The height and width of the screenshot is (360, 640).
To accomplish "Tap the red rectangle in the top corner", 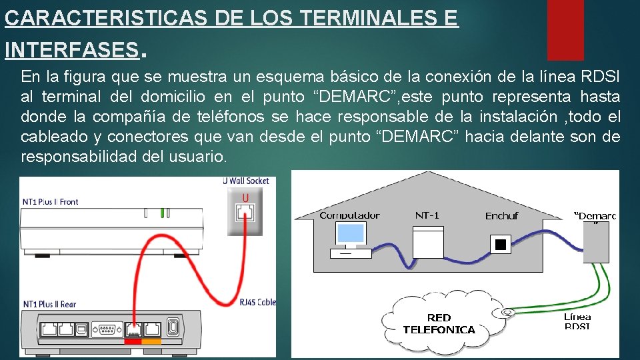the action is pos(565,30).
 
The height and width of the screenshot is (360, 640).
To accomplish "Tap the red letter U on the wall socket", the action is pos(245,197).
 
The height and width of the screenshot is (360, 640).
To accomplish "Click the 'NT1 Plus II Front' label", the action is pos(51,202).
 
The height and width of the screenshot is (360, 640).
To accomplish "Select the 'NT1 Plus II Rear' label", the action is pos(49,304).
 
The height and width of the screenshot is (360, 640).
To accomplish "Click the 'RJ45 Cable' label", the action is pos(257,302).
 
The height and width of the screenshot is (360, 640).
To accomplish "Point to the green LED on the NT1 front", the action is pos(161,213).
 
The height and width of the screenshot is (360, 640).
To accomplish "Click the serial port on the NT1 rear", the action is pos(105,328).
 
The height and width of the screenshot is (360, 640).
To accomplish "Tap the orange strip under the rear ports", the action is pos(152,342).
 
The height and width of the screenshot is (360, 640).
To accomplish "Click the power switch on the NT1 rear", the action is pos(173,328).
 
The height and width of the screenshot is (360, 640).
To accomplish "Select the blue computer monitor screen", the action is pos(351,233).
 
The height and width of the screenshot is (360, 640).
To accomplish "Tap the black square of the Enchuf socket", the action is pos(500,245).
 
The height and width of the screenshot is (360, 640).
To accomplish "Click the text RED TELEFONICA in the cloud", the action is pos(439,323).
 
